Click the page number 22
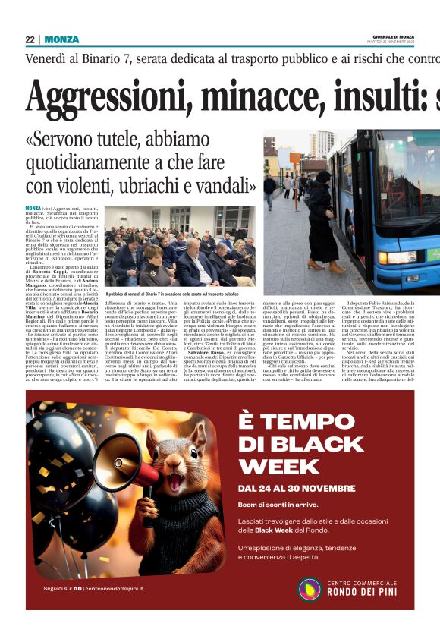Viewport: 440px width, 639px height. coord(30,39)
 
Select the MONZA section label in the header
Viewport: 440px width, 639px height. coord(61,39)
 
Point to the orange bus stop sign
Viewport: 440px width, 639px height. coord(295,158)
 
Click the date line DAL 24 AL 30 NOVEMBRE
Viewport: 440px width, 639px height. coord(296,487)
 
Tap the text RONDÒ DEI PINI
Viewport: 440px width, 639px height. coord(364,593)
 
